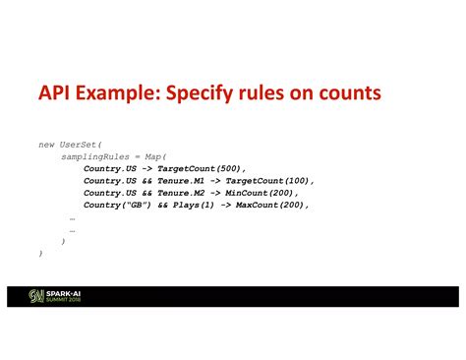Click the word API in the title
click(56, 94)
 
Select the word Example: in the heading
click(127, 94)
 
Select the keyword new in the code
click(48, 144)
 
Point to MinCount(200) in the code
click(262, 193)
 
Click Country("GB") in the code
click(115, 206)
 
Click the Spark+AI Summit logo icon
click(34, 296)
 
